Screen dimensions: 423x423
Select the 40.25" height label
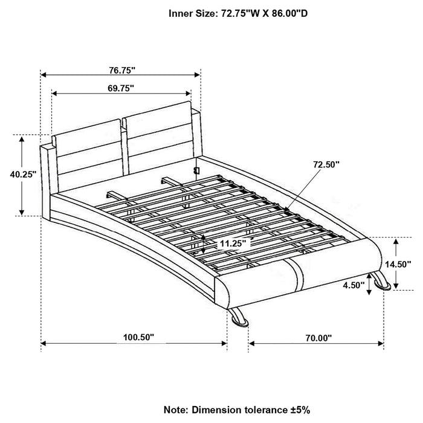(24, 173)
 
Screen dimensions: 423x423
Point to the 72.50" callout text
(326, 164)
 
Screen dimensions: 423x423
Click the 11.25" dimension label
(233, 244)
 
